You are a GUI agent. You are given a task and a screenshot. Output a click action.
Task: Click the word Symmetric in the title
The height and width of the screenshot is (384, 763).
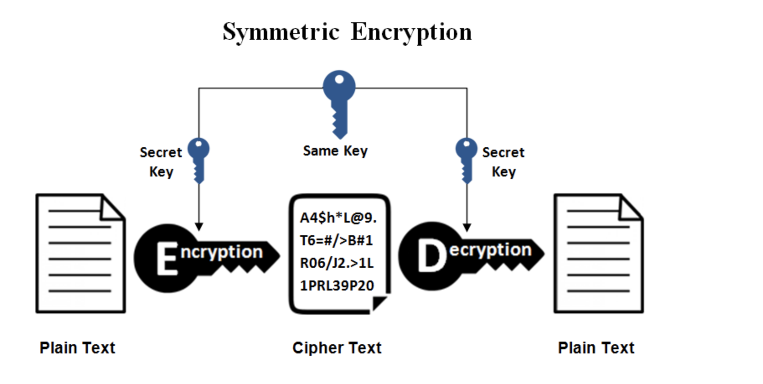point(281,32)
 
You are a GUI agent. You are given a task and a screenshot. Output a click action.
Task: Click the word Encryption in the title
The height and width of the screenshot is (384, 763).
point(411,32)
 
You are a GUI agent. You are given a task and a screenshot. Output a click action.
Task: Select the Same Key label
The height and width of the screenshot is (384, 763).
point(335,151)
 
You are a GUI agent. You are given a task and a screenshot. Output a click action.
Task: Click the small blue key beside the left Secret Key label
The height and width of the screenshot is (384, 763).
point(198,159)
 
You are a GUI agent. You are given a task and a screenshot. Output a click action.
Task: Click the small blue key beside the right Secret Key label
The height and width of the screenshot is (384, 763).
point(466,159)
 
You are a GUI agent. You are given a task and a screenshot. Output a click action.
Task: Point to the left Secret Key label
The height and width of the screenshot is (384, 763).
point(161,162)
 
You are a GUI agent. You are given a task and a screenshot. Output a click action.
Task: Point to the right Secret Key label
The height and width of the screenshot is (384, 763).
point(503,162)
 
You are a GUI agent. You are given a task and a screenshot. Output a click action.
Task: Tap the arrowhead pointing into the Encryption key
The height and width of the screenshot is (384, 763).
point(199,227)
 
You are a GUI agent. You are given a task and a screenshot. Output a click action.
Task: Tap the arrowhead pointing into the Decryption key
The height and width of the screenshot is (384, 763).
point(467,228)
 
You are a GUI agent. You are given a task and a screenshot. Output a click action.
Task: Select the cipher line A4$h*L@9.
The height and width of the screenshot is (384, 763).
point(338,218)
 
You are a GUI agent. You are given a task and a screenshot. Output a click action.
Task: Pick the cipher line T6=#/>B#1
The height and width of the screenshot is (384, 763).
point(336,241)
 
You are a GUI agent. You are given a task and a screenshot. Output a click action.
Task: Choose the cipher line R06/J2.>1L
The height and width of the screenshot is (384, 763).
point(337,263)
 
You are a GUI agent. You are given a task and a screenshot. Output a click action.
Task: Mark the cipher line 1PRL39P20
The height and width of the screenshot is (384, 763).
point(337,286)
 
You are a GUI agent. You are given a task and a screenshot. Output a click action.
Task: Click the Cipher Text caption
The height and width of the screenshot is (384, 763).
point(337,348)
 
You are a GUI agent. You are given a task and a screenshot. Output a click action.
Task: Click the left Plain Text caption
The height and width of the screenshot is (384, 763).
point(77,348)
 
